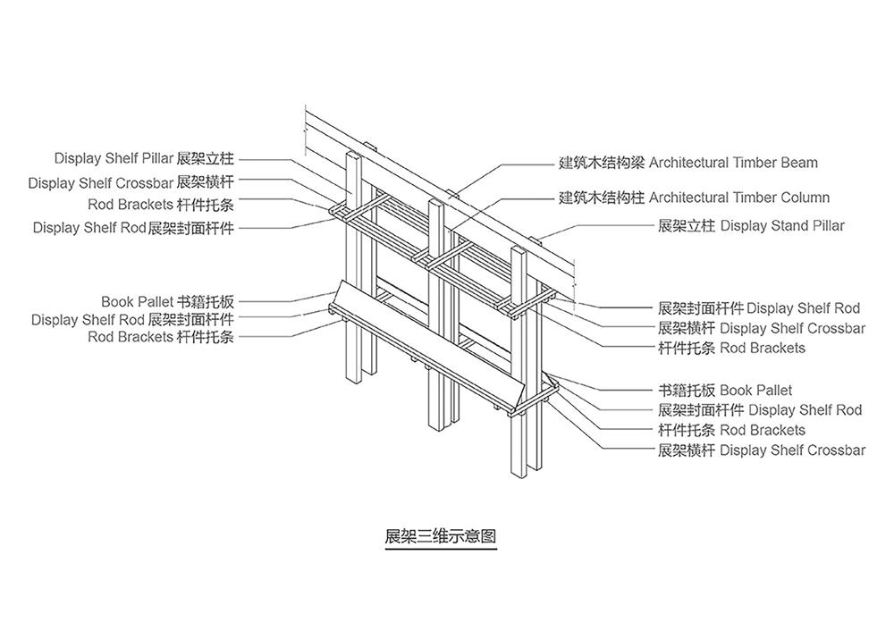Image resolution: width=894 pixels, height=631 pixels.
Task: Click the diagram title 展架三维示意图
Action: coord(440,536)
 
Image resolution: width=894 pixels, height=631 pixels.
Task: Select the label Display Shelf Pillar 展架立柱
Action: coord(144,159)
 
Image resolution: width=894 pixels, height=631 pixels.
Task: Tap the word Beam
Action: coord(797,163)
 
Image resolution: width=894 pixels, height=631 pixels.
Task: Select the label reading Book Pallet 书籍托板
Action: coord(167,302)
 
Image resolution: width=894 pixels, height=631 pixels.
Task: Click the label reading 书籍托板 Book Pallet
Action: coord(725,391)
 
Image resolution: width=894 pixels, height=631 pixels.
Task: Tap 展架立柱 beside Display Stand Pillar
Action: coord(687,226)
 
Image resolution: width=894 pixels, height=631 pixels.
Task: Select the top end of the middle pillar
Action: coord(436,204)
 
